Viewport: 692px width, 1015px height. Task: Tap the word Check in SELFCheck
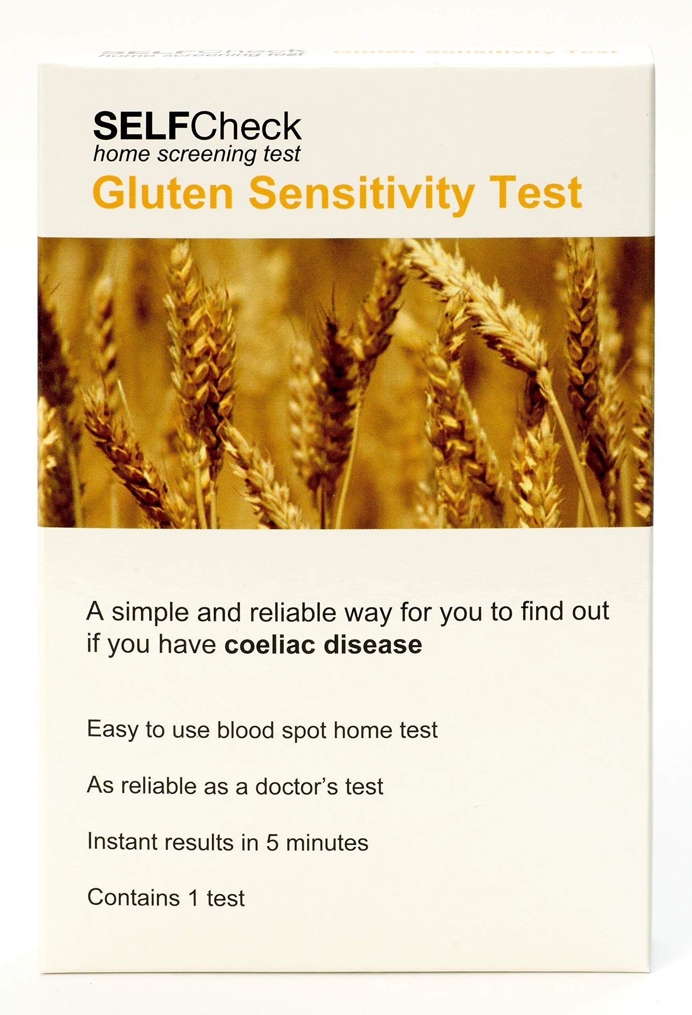tap(245, 126)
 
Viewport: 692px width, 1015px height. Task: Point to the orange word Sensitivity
tap(362, 193)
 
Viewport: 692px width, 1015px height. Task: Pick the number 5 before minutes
tap(272, 843)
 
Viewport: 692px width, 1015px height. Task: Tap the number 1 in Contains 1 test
tap(194, 898)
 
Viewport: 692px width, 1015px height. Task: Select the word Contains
tap(134, 898)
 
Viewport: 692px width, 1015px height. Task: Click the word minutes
tap(327, 843)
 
